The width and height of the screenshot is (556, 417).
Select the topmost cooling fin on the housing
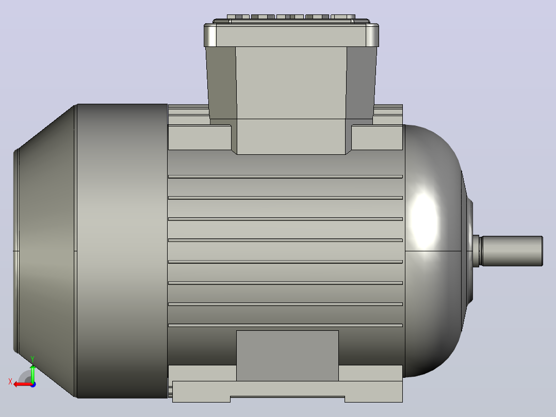click(x=285, y=177)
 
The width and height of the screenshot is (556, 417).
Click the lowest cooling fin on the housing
click(x=285, y=325)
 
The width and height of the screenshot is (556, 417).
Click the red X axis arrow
click(x=23, y=384)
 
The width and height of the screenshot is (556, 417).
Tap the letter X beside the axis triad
click(x=10, y=381)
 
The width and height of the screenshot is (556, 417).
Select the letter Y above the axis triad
click(x=32, y=359)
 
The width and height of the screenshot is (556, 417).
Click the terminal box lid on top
click(x=291, y=35)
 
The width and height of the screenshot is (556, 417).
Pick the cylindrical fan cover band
click(x=122, y=251)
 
